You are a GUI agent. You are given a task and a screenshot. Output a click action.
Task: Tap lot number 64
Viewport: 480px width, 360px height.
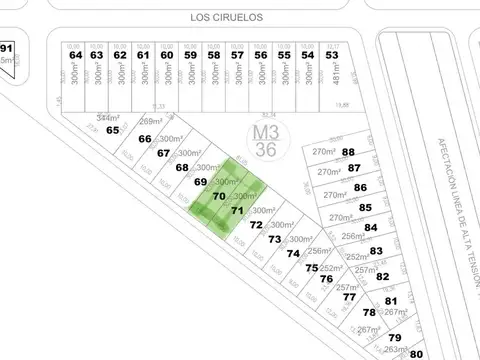(74, 55)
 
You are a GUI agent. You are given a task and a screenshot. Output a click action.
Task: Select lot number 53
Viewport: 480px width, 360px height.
(332, 55)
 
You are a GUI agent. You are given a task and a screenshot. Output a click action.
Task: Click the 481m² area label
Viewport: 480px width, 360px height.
(332, 78)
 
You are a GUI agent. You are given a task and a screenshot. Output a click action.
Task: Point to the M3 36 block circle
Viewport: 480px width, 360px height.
(265, 140)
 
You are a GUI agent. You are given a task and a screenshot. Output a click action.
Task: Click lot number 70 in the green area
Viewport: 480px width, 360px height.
(218, 196)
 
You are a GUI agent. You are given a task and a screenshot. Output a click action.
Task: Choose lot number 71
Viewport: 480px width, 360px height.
(237, 211)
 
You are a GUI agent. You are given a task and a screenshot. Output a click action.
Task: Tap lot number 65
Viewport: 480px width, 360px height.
(112, 130)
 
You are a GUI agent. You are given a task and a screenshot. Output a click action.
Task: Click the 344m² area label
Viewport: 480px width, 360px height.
(108, 118)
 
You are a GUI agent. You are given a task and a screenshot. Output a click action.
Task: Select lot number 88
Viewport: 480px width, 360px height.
(349, 152)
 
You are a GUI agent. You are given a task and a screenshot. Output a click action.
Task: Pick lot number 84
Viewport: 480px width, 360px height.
(371, 229)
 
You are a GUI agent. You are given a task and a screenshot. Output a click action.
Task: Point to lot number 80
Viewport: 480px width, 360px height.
(418, 354)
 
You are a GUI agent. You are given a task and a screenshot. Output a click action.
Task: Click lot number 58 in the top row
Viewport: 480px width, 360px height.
(213, 55)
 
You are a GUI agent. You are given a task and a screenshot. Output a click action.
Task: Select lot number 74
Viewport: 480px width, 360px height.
(293, 254)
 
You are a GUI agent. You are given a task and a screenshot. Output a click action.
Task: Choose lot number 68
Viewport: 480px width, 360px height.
(182, 167)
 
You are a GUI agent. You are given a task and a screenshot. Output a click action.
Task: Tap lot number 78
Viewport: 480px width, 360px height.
(369, 312)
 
